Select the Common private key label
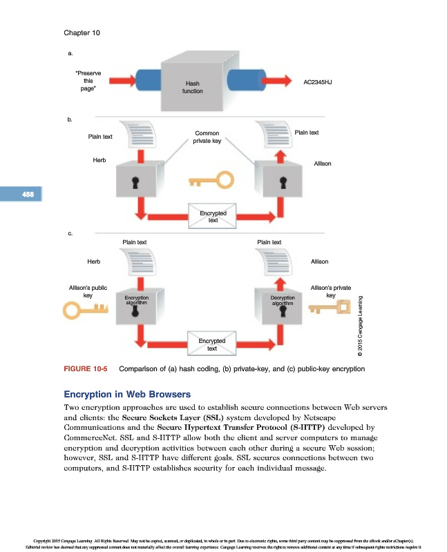[207, 137]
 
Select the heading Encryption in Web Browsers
[126, 395]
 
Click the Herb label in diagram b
[99, 160]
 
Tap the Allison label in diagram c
[319, 262]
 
